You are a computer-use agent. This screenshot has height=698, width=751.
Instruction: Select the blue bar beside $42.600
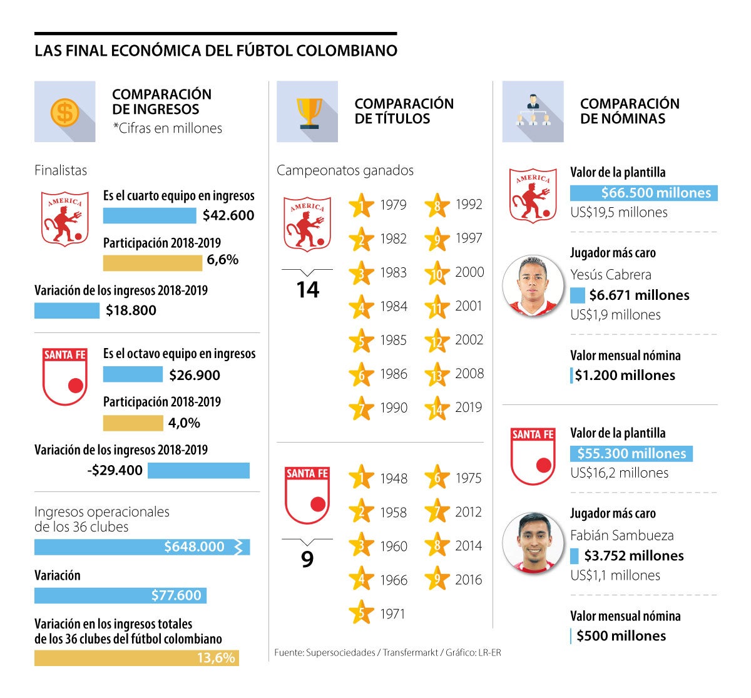point(150,215)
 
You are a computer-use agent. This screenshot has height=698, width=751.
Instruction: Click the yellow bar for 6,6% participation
point(152,262)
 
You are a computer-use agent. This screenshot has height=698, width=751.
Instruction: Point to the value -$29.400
point(115,470)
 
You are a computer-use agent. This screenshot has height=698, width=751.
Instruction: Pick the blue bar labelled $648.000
point(142,547)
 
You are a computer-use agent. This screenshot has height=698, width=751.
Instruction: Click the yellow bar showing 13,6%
point(136,658)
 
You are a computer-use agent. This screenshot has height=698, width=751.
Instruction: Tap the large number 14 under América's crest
point(307,290)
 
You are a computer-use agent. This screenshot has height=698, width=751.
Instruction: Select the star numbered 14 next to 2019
point(437,409)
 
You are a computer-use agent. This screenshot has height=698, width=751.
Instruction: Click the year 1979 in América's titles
point(393,205)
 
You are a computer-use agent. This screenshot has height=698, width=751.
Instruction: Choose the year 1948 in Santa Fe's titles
point(393,479)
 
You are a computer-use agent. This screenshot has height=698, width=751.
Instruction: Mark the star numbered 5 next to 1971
point(361,613)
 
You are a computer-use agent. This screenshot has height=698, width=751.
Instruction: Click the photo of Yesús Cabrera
point(533,285)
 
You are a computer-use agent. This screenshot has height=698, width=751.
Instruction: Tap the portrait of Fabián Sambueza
point(533,543)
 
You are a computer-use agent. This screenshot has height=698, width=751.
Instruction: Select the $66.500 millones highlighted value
point(644,193)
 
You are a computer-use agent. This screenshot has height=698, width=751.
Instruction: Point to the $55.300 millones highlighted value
point(631,453)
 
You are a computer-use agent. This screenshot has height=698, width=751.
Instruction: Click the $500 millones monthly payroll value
point(621,636)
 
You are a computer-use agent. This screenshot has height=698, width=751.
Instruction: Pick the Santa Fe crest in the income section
point(64,377)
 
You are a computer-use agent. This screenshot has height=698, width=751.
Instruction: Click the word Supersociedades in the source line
point(340,653)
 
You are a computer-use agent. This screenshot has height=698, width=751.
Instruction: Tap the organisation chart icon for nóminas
point(533,111)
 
